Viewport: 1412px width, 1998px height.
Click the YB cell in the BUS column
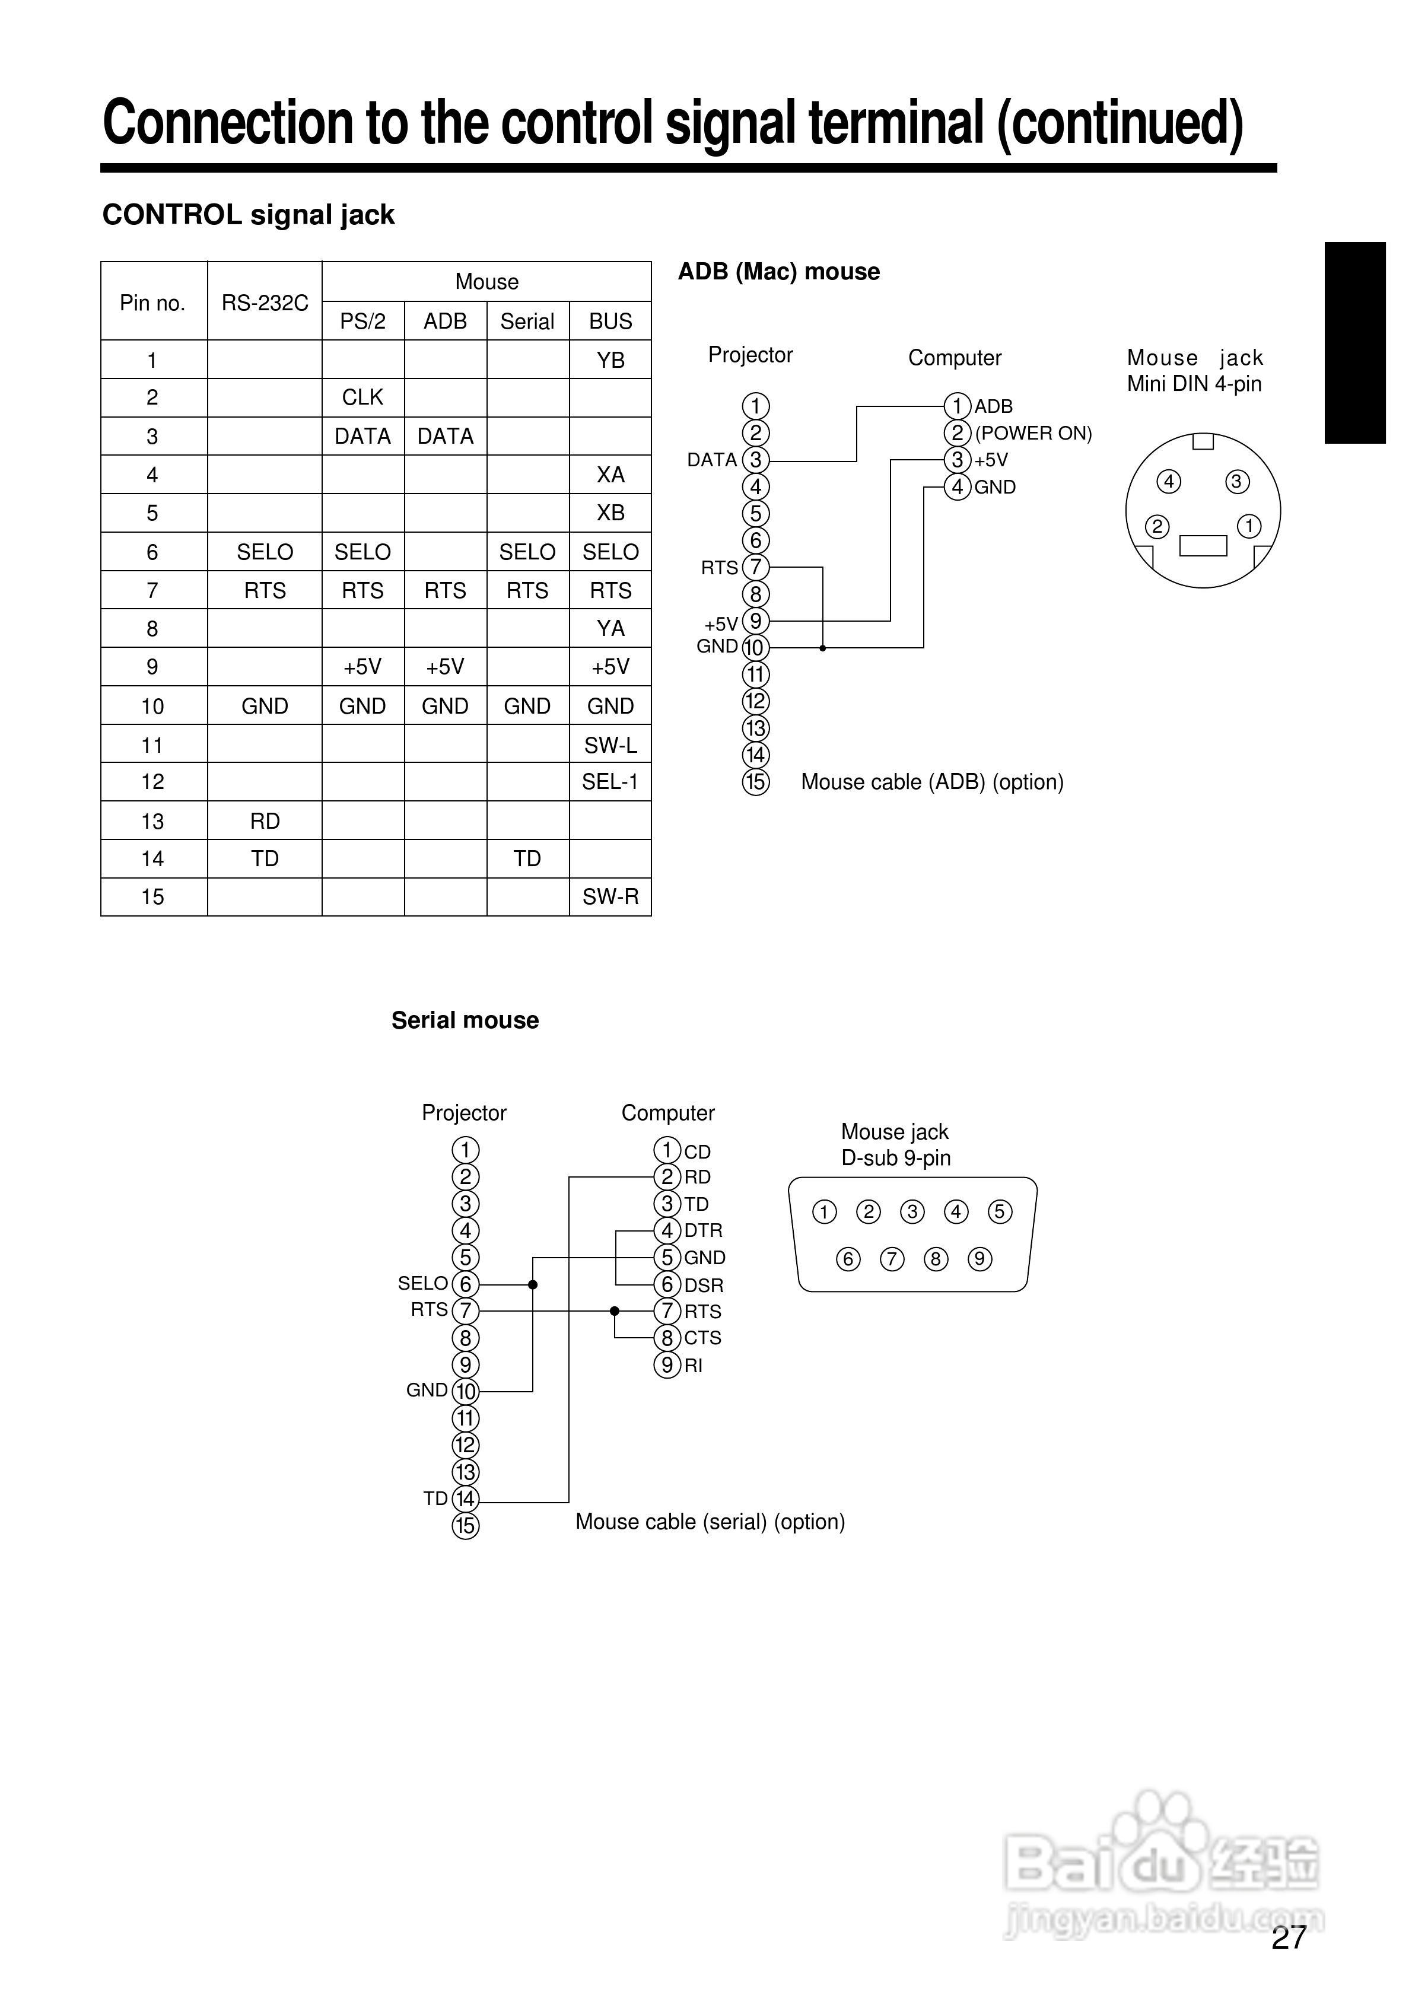(610, 359)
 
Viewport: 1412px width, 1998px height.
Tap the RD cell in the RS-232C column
(265, 820)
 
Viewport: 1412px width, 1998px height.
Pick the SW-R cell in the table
(610, 897)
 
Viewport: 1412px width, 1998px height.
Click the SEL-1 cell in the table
(610, 781)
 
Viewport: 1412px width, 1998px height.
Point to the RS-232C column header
(265, 303)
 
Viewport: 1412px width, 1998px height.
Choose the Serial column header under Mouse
(527, 321)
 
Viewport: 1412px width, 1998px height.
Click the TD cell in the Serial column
(527, 859)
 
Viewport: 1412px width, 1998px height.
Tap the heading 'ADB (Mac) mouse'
(779, 272)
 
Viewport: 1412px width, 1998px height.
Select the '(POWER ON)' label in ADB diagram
(1033, 434)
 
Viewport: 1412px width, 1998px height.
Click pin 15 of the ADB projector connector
(756, 782)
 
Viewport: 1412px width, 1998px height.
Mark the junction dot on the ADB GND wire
(823, 648)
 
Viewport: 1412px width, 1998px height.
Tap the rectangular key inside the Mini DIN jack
(1203, 546)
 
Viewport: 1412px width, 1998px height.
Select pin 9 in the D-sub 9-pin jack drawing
(980, 1259)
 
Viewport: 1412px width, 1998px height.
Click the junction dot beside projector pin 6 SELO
(533, 1284)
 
